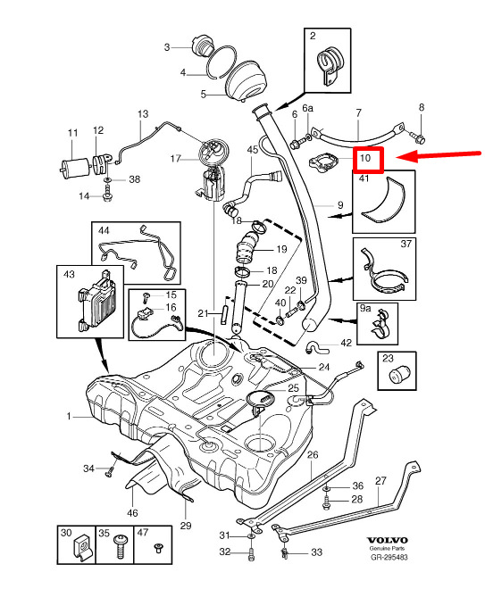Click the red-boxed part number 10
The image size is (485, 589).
point(365,158)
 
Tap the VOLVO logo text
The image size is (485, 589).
point(388,540)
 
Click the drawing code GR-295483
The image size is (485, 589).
point(389,558)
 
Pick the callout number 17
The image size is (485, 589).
point(176,159)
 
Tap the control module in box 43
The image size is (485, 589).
point(96,301)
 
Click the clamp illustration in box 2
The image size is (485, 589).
point(330,64)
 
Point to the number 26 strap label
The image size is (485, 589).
point(313,455)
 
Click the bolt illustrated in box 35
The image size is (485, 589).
point(121,546)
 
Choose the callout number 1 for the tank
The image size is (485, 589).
point(69,416)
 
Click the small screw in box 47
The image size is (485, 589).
point(158,547)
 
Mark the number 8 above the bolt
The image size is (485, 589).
point(422,107)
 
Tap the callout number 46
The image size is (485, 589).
point(132,513)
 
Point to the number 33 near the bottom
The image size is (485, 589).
point(316,552)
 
